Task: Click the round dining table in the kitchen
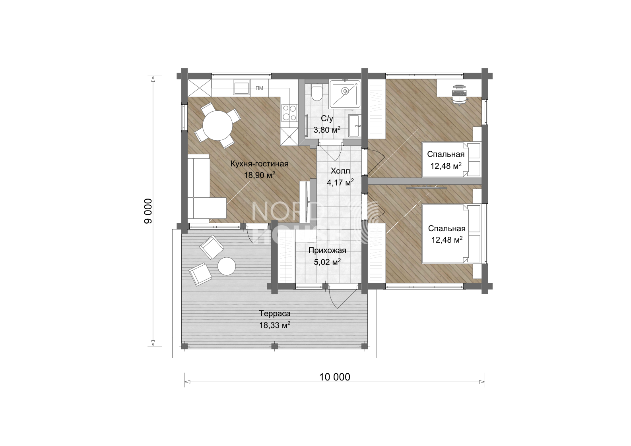click(x=218, y=125)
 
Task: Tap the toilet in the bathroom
click(x=317, y=92)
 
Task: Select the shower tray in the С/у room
click(x=345, y=94)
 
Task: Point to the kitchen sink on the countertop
click(x=242, y=87)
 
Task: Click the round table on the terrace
click(x=227, y=266)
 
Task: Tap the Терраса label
click(x=275, y=313)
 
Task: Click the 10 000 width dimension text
click(x=335, y=377)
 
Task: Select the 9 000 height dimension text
click(x=148, y=211)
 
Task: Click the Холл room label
click(x=340, y=171)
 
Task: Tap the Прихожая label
click(x=327, y=250)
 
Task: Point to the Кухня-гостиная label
click(x=260, y=164)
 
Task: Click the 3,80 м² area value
click(x=327, y=130)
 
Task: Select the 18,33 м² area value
click(x=275, y=325)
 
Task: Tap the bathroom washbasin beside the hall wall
click(x=355, y=125)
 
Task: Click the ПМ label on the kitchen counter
click(x=260, y=88)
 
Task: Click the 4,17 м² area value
click(x=340, y=183)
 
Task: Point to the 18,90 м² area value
click(x=260, y=175)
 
